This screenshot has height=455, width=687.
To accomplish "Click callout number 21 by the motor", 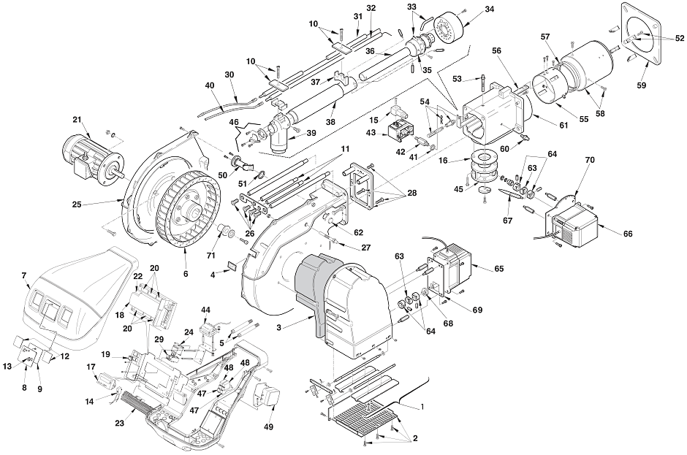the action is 77,120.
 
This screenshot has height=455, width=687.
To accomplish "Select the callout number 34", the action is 489,9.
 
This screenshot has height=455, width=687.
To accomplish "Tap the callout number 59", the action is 641,85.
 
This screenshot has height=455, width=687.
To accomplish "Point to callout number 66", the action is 627,234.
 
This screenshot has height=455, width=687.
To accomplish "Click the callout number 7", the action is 24,275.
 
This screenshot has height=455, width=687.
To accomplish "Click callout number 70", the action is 590,160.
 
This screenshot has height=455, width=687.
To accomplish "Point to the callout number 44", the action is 205,310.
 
